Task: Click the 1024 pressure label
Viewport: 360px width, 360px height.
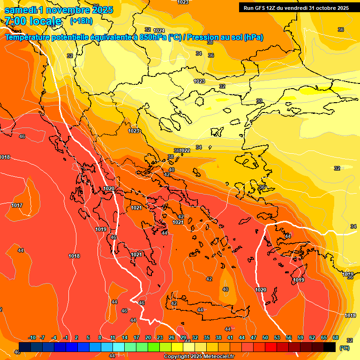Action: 159,30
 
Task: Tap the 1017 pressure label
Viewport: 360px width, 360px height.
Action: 17,205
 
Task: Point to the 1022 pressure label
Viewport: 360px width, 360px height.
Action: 185,150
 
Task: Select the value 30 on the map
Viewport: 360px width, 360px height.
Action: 259,101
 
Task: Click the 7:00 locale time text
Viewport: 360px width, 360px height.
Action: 33,21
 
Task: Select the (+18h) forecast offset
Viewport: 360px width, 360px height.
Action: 81,21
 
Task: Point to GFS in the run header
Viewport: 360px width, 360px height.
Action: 261,8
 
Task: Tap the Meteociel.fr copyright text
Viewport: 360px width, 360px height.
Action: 216,357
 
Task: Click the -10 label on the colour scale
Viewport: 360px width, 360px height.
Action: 32,337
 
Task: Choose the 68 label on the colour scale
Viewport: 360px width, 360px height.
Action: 336,337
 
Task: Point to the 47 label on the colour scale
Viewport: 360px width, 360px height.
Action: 254,337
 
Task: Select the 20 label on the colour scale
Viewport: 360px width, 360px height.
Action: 148,337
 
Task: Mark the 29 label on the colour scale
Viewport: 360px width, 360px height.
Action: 183,337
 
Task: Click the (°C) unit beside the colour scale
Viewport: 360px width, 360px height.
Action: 344,348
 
